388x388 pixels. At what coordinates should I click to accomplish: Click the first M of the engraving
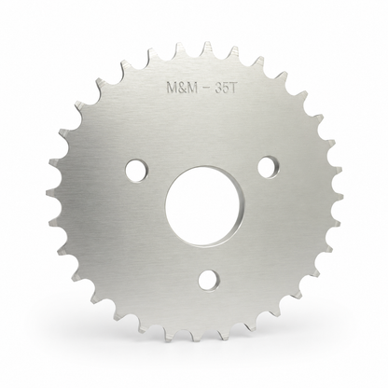click(x=172, y=88)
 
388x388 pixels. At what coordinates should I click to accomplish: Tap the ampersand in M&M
click(x=182, y=88)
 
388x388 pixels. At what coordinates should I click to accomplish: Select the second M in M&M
click(x=193, y=88)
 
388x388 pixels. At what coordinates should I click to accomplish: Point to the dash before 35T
click(x=206, y=89)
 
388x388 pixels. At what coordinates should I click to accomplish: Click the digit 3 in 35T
click(x=218, y=89)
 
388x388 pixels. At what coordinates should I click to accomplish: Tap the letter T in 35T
click(x=234, y=89)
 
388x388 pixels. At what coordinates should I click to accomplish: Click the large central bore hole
click(x=203, y=206)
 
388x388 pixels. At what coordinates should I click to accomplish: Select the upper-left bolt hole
click(x=137, y=171)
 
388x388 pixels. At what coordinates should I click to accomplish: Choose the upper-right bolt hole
click(x=269, y=167)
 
